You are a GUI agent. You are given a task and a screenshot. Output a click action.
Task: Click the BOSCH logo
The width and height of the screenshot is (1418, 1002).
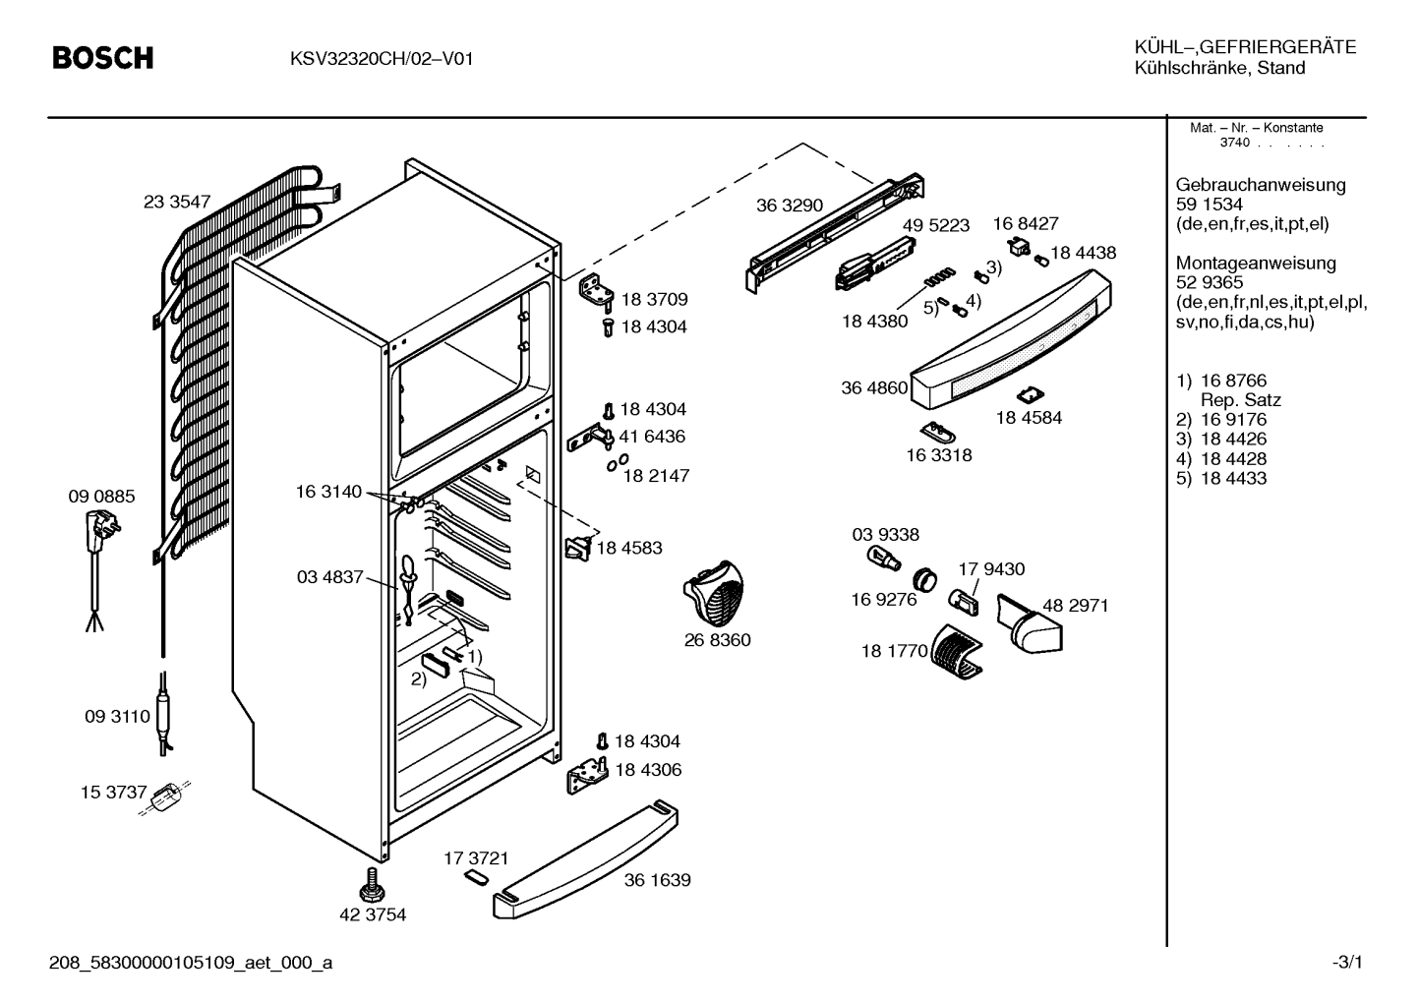point(102,58)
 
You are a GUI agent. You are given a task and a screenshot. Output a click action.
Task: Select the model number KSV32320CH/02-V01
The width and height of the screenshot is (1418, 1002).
point(382,59)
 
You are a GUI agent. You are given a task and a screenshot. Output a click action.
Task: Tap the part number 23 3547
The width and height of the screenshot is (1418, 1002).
point(177,202)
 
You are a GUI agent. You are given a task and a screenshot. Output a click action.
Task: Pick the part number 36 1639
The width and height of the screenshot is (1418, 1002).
point(657,880)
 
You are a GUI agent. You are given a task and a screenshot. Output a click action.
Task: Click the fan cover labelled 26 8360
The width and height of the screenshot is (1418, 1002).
point(714,593)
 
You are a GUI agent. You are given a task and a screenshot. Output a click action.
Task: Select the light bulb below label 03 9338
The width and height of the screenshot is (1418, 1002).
point(883,559)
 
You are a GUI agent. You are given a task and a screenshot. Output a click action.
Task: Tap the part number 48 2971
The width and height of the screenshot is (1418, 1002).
point(1076,606)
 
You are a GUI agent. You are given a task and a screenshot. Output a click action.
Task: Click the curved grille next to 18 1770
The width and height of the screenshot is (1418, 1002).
point(957,652)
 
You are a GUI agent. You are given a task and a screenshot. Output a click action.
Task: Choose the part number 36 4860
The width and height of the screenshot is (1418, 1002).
point(874,387)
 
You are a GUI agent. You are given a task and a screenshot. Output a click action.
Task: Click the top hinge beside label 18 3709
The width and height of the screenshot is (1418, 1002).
point(596,292)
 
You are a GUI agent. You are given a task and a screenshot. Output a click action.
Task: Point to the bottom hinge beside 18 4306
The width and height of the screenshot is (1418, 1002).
point(587,776)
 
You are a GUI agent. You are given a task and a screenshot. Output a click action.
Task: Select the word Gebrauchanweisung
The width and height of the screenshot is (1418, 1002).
point(1260,185)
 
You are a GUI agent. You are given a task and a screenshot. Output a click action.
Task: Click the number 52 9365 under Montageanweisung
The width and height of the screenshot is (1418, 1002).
point(1210,282)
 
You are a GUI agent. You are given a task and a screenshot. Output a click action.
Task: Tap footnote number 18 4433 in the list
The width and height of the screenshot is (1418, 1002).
point(1233,478)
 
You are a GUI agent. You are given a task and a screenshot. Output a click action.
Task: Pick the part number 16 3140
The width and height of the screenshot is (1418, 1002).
point(328,492)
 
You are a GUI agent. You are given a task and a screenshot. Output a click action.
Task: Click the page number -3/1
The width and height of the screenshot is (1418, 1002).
point(1347,963)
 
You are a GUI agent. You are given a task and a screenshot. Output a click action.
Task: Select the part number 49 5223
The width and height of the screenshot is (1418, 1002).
point(935,225)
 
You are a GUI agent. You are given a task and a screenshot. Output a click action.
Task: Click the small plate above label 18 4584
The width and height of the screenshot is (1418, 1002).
point(1030,395)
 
